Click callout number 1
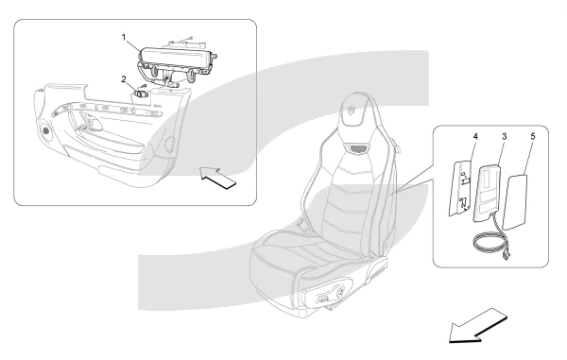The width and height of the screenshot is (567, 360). pos(124,37)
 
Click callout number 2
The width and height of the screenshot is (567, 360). pos(124,78)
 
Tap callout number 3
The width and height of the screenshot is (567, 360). pos(504,137)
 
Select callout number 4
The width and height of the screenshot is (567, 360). pos(475,137)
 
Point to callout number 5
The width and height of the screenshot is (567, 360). pos(533,137)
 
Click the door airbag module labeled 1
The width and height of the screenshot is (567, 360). pos(176,64)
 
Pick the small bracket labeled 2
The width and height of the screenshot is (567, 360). pos(142,94)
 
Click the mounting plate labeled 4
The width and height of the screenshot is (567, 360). pos(460,187)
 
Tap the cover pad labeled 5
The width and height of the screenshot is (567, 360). pos(515,201)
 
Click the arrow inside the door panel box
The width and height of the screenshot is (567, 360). pos(218,178)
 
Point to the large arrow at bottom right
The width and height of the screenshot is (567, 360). pos(477,326)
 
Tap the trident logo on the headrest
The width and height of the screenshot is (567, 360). pos(352,110)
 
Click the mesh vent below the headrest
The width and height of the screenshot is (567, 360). pos(357,147)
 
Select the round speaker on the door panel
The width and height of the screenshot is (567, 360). pos(46,130)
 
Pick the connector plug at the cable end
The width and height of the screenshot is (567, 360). pos(506,256)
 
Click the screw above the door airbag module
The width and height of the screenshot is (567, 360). pos(191,37)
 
